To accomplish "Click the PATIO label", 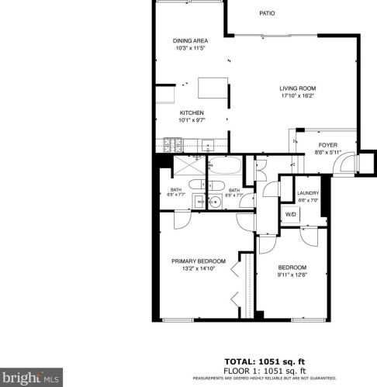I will pos(268,13).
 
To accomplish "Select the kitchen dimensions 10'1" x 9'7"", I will pos(192,120).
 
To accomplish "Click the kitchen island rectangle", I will pos(213,88).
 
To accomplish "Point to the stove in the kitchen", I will pos(171,144).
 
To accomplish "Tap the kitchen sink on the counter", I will pos(208,144).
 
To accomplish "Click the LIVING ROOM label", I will pos(298,88).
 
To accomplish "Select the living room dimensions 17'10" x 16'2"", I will pos(298,97).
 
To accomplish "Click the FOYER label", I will pos(327,145).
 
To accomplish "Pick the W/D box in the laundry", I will pos(291,214).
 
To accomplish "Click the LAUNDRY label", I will pos(308,193).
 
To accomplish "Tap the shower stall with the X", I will pos(178,168).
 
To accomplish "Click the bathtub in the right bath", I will pos(224,168).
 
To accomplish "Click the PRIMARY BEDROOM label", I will pos(199,261).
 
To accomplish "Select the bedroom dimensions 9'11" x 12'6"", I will pos(292,273).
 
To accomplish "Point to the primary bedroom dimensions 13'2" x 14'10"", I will pos(199,269).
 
